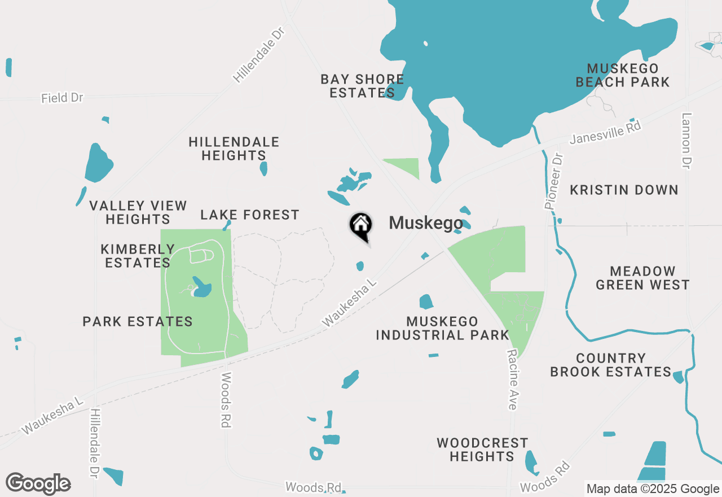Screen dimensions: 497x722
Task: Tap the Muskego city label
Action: pos(426,223)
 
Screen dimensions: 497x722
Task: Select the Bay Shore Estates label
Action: pos(362,86)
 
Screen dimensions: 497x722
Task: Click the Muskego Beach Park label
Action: pos(623,75)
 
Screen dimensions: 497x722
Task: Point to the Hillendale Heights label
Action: pos(234,149)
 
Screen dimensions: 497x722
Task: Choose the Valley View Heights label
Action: pos(138,212)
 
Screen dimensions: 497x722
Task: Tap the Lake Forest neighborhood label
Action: pos(250,215)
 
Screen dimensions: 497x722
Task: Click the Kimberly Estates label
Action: pos(138,256)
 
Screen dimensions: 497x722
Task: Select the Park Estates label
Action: pos(138,322)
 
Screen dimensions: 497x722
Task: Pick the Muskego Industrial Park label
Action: pos(443,328)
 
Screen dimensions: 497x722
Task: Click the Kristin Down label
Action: pos(624,190)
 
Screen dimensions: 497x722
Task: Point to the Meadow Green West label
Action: pos(642,278)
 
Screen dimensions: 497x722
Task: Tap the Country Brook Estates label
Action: pos(611,365)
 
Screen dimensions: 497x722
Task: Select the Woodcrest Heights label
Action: pos(482,450)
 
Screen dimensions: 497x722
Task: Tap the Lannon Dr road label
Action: pos(686,141)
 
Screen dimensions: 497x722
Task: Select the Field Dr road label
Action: pos(62,98)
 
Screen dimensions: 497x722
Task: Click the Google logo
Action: pos(38,484)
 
